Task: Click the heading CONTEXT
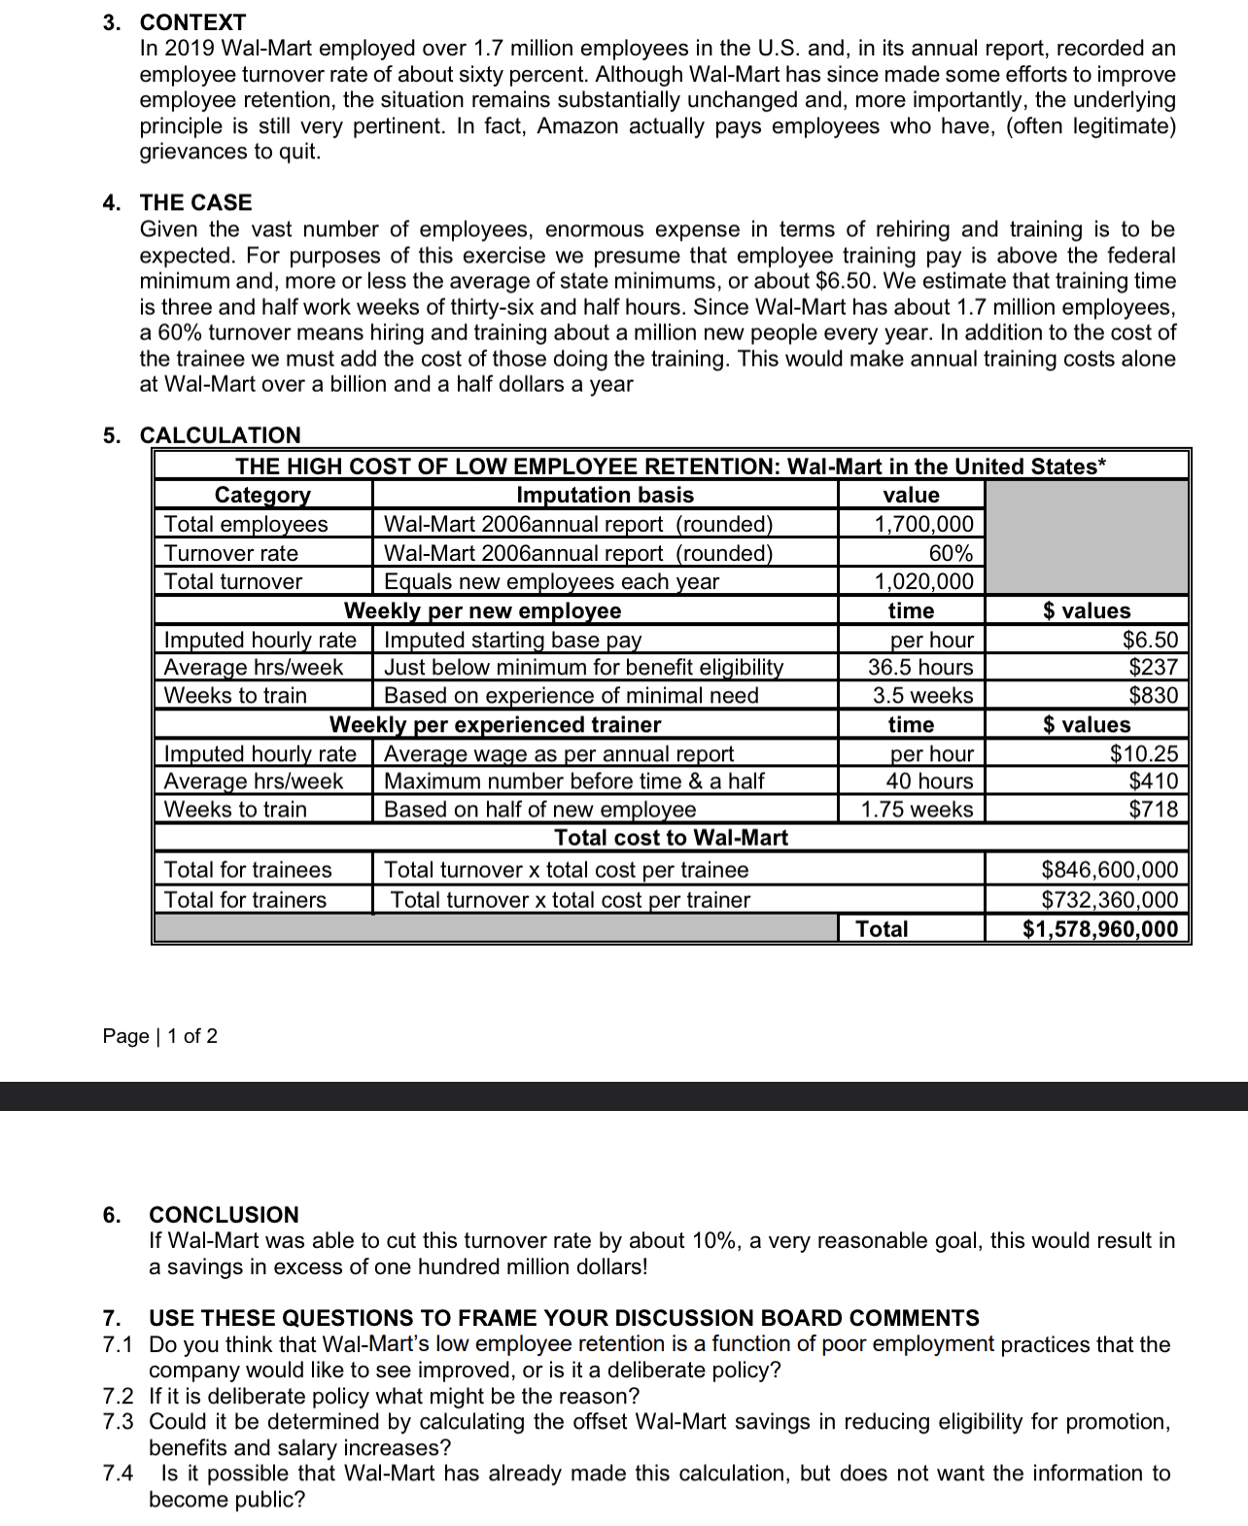pos(192,21)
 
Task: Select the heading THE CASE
pos(195,202)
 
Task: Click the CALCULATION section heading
pos(220,434)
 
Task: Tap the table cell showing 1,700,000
pos(923,524)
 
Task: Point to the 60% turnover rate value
pos(951,553)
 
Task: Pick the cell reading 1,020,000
pos(923,581)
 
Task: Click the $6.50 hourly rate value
pos(1150,640)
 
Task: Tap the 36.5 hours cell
pos(920,667)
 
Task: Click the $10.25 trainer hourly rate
pos(1144,753)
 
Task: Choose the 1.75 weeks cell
pos(917,809)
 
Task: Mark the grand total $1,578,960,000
pos(1100,928)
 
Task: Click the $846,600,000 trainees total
pos(1109,869)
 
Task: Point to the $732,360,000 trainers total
pos(1109,899)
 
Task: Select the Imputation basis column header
pos(605,495)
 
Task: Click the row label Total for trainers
pos(245,899)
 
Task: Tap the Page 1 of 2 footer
pos(159,1035)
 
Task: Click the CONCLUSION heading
pos(224,1214)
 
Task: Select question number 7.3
pos(118,1421)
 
